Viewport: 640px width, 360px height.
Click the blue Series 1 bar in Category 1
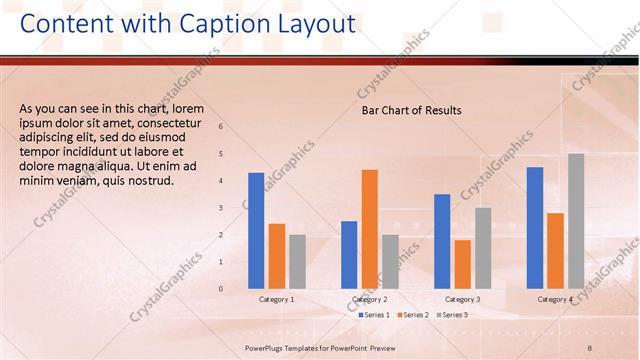click(256, 231)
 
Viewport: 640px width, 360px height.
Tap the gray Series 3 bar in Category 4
click(576, 221)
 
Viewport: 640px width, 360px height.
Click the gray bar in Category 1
click(297, 261)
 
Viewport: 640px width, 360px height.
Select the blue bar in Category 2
click(349, 255)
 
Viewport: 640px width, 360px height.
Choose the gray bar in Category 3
click(483, 248)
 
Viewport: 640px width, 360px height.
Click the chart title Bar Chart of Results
click(411, 111)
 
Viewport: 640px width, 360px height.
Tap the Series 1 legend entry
click(374, 315)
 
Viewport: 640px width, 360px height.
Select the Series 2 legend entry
click(415, 315)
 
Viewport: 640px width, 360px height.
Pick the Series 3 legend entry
click(455, 315)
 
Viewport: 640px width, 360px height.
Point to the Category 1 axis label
click(277, 299)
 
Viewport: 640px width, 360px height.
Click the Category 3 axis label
click(462, 299)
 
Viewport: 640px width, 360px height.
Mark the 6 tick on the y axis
click(221, 127)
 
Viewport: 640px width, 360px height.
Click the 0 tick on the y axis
click(221, 289)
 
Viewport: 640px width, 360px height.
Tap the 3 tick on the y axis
click(221, 208)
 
